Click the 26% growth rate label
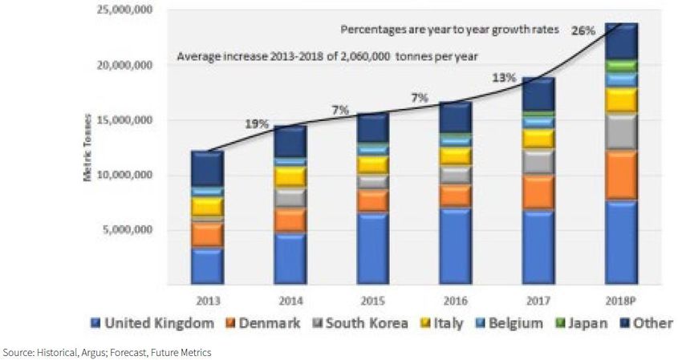[583, 31]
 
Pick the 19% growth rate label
[258, 124]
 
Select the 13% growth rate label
[503, 77]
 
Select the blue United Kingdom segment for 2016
[455, 245]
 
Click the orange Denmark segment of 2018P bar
[621, 175]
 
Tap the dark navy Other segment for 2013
[207, 168]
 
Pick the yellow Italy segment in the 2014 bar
[290, 176]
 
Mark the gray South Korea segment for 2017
[538, 161]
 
